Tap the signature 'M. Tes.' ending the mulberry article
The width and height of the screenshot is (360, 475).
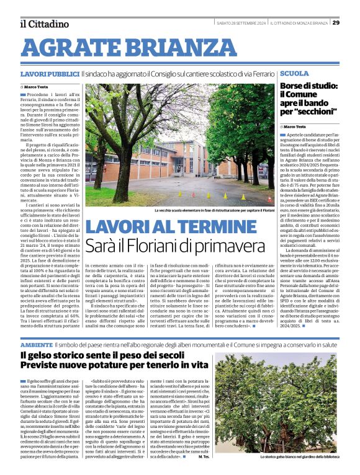tap(203, 457)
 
